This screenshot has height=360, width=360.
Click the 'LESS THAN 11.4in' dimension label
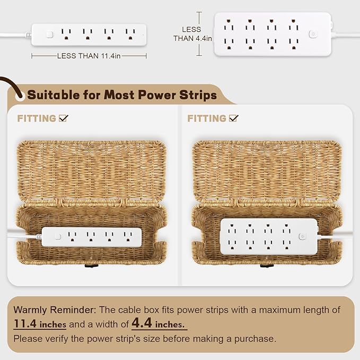89,56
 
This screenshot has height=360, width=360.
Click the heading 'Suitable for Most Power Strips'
122,95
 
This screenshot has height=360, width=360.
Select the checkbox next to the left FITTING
64,118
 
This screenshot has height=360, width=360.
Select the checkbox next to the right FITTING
234,118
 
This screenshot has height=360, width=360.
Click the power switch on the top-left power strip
49,34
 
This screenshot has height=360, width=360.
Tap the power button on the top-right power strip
313,34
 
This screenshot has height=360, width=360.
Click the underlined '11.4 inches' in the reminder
40,323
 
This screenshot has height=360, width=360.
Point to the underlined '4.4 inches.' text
159,323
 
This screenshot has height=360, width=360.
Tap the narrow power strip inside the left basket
90,236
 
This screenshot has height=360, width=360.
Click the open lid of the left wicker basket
92,170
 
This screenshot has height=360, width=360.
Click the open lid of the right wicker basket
267,170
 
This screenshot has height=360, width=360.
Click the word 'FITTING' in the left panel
37,118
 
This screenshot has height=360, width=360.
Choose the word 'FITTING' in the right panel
207,118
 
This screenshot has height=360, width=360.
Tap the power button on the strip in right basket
302,236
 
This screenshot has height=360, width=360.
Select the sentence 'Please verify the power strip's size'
144,338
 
